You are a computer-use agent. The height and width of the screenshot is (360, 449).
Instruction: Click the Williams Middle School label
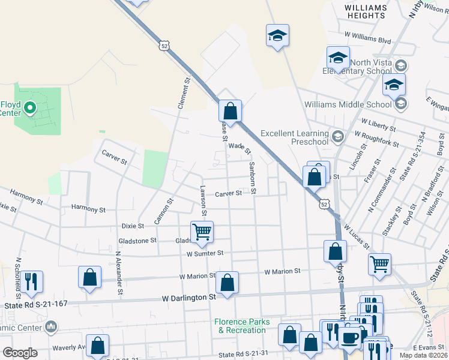click(348, 104)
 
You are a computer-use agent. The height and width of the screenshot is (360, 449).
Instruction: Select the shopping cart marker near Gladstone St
click(202, 232)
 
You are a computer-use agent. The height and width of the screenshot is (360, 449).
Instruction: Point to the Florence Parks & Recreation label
click(241, 326)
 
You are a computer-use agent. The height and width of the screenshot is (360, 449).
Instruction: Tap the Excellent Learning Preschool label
click(295, 137)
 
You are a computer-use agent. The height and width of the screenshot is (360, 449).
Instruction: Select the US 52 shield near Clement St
click(164, 45)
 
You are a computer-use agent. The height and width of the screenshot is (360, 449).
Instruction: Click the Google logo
click(20, 353)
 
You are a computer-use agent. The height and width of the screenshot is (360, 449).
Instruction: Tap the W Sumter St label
click(205, 253)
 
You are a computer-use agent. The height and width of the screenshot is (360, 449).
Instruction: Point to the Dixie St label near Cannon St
click(133, 226)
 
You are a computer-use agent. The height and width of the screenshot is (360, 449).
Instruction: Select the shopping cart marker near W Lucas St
click(379, 263)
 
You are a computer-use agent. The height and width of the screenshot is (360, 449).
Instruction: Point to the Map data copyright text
click(424, 355)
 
